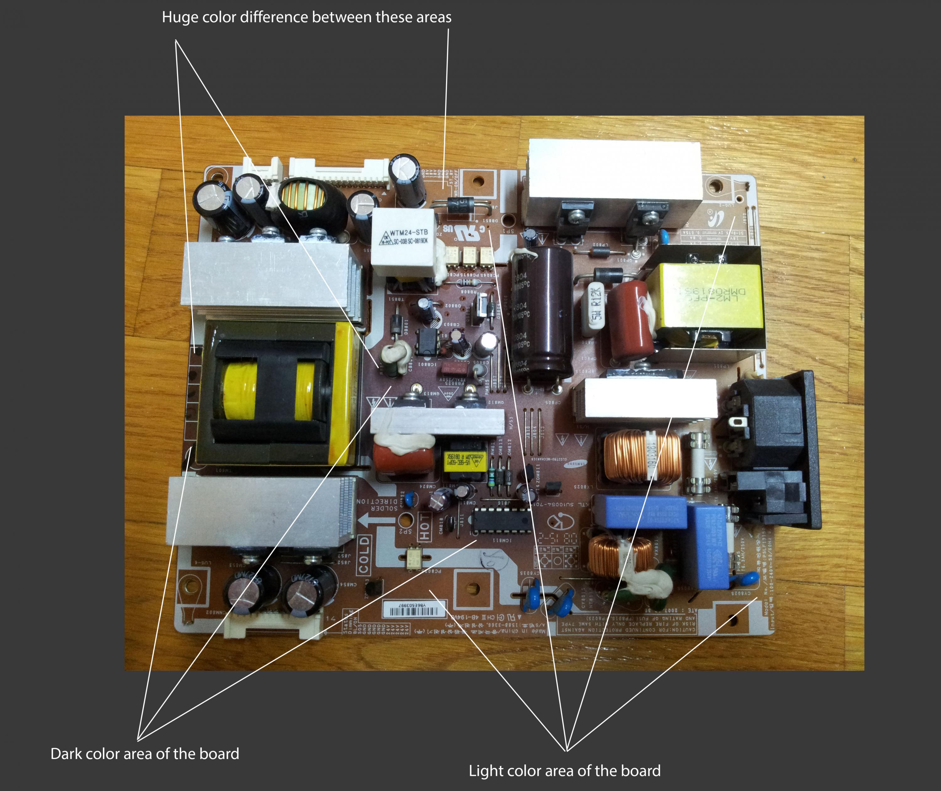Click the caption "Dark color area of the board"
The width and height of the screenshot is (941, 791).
[145, 753]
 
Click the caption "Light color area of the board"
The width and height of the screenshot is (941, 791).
[565, 770]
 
